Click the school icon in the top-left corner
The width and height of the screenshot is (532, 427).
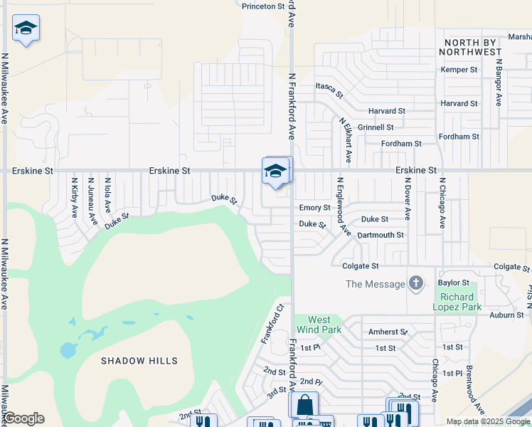click(x=26, y=28)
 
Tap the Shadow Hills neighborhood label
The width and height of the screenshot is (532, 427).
click(x=139, y=361)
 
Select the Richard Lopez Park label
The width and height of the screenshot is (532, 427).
click(x=457, y=302)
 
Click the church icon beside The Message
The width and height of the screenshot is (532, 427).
click(x=416, y=284)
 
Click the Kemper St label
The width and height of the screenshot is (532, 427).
click(x=459, y=70)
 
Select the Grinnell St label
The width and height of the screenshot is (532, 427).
click(x=376, y=127)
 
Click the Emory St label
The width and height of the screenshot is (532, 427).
click(x=314, y=208)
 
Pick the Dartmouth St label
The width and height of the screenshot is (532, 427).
click(x=381, y=235)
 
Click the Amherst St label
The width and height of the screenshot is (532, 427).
click(x=388, y=332)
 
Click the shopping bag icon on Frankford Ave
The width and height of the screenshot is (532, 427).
click(x=304, y=404)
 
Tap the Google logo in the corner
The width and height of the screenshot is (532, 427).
click(x=23, y=418)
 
